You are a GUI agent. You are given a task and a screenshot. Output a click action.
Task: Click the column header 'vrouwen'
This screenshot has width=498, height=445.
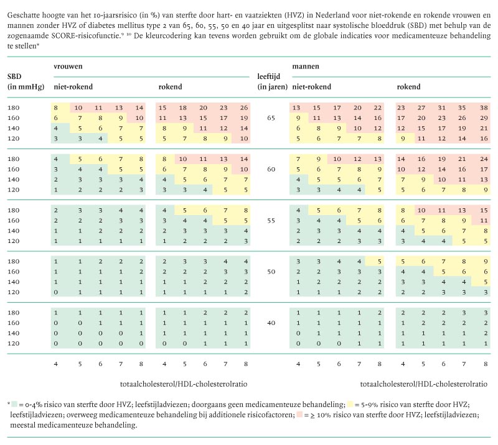tap(68, 65)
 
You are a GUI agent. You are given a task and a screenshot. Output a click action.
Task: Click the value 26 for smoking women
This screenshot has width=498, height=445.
tap(244, 108)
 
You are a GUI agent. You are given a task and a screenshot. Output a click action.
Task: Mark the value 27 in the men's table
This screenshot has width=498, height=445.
tap(423, 108)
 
